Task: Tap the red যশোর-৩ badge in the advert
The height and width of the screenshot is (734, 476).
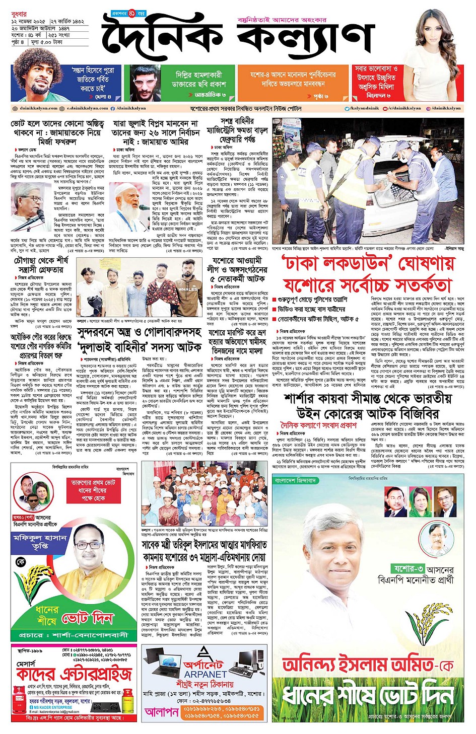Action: coord(411,569)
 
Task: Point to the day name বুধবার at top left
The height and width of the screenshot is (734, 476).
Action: coord(20,14)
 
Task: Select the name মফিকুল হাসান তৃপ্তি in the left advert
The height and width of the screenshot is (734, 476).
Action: coord(40,541)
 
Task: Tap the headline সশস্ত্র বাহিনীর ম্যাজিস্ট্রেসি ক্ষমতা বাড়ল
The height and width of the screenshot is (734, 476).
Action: coord(237,130)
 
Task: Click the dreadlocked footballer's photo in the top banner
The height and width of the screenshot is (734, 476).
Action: coord(38,82)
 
